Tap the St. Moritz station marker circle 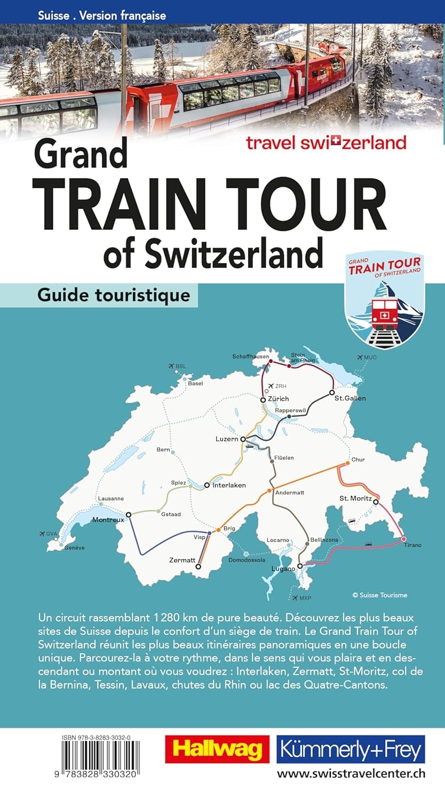coord(376,502)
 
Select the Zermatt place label coord(182,560)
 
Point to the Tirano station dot coord(404,539)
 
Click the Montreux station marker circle coord(128,515)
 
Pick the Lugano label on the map coord(283,569)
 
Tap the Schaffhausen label coord(251,356)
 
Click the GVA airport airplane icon coord(43,533)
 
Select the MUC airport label coord(370,357)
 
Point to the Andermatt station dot coord(270,490)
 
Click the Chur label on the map coord(358,459)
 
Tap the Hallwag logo coord(217,749)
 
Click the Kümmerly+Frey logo coord(351,749)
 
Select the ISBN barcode coord(100,759)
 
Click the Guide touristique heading coord(114,295)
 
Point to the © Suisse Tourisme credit coord(379,595)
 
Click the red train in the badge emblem coord(384,314)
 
